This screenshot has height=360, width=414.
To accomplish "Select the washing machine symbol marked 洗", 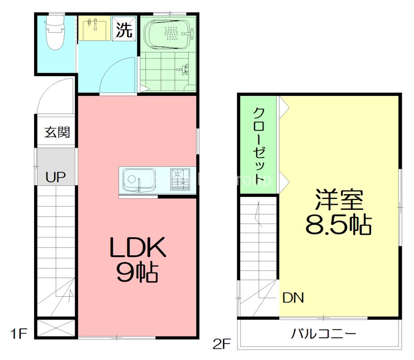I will point(124,30).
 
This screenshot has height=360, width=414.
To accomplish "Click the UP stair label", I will point(55,178).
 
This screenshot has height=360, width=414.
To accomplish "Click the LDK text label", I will point(137,248).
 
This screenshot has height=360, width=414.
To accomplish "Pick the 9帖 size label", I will point(137,273).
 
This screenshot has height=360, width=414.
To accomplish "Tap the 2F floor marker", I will point(221,343).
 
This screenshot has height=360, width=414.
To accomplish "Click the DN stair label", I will point(293,298).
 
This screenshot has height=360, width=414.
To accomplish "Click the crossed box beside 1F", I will point(56,328).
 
